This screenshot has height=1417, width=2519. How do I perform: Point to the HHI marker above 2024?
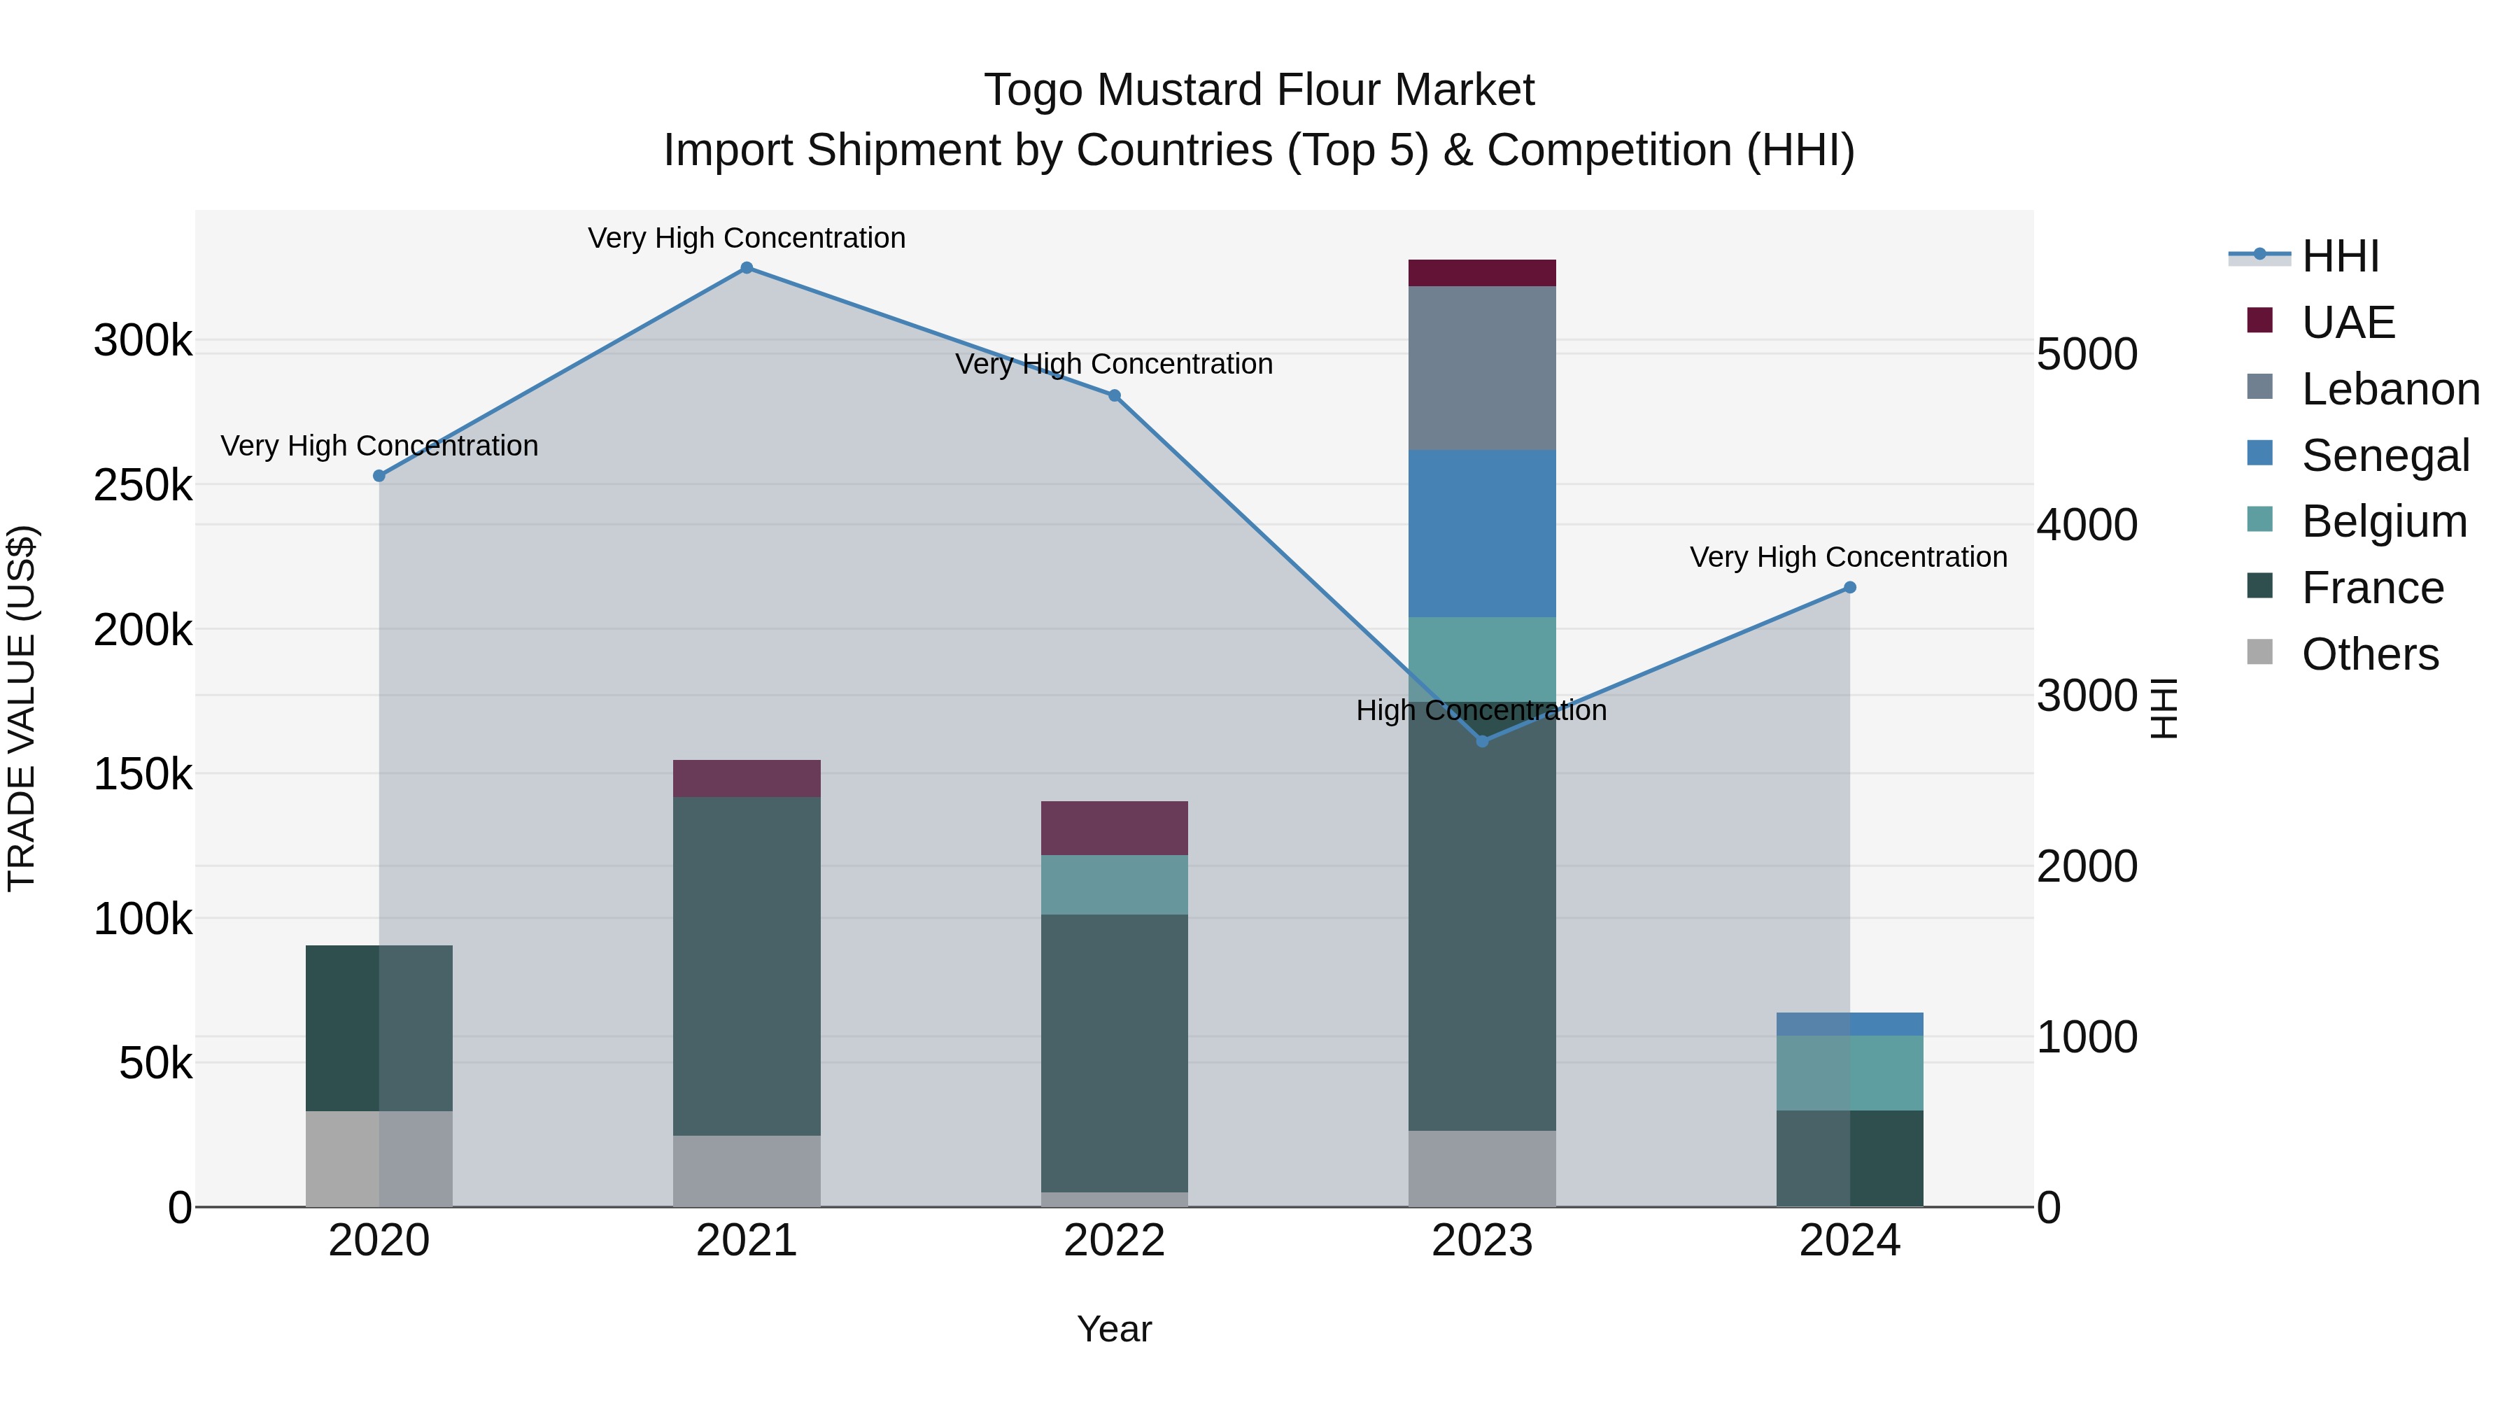pyautogui.click(x=1849, y=588)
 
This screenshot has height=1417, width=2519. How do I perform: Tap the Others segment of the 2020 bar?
pyautogui.click(x=379, y=1158)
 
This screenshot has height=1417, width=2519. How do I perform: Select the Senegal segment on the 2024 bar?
pyautogui.click(x=1849, y=1024)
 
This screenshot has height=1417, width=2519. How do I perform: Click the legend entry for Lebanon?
pyautogui.click(x=2390, y=389)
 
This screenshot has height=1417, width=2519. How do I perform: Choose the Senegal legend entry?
pyautogui.click(x=2385, y=456)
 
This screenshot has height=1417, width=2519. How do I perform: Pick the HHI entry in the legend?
pyautogui.click(x=2340, y=256)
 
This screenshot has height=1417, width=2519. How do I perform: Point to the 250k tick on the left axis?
pyautogui.click(x=143, y=485)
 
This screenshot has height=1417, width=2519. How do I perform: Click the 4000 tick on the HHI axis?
pyautogui.click(x=2087, y=525)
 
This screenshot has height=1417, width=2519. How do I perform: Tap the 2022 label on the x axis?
pyautogui.click(x=1114, y=1241)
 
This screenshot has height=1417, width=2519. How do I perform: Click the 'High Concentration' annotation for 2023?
pyautogui.click(x=1481, y=710)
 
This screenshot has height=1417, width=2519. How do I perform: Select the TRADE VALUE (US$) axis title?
pyautogui.click(x=22, y=708)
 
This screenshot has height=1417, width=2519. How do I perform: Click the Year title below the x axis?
pyautogui.click(x=1114, y=1329)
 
